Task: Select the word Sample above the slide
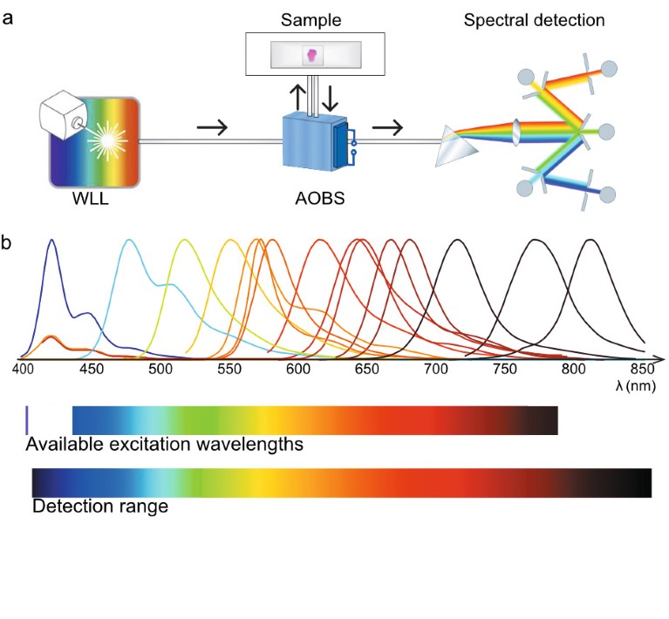(311, 19)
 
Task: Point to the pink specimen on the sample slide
(311, 56)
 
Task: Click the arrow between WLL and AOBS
(212, 128)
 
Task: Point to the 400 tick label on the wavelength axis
(24, 370)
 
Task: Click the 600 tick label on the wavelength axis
(298, 370)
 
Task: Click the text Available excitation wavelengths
(165, 445)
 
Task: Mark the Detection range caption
(100, 506)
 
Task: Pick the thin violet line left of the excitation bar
(27, 419)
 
